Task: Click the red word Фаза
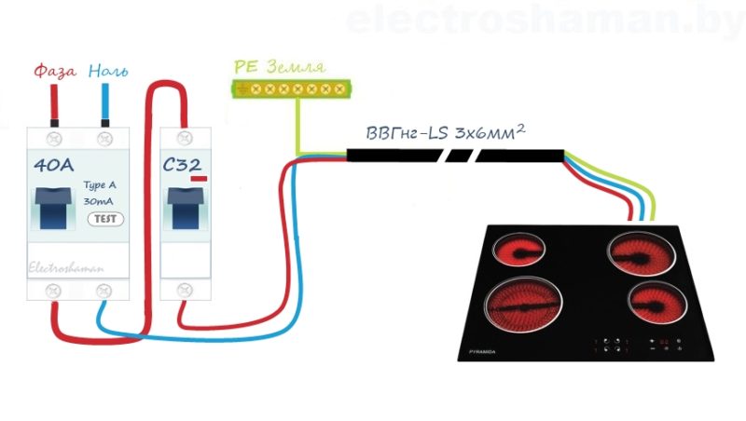(54, 71)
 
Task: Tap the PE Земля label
(280, 68)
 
